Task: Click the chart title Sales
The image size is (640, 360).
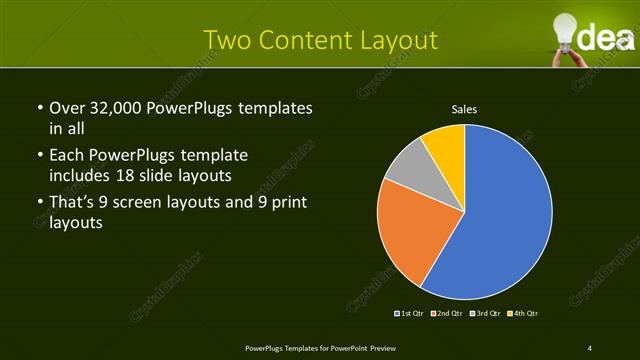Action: [464, 108]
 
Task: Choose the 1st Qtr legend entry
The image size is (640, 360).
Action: [411, 314]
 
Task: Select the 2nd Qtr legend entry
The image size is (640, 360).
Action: [447, 314]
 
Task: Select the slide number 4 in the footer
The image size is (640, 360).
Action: [590, 347]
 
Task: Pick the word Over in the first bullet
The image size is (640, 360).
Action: [67, 108]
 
